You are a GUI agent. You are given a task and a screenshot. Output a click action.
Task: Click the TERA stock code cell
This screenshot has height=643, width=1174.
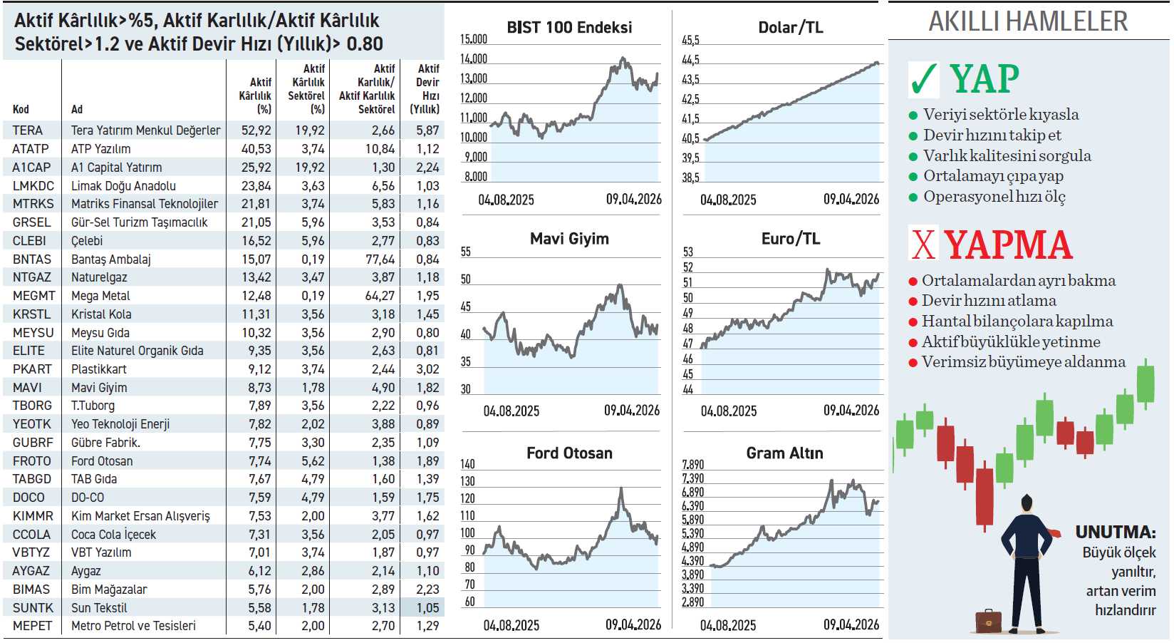click(28, 130)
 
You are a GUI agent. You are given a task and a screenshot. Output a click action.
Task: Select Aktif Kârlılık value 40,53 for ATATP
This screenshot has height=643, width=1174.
click(256, 149)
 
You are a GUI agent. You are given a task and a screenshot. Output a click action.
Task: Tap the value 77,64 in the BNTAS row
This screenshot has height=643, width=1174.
click(380, 259)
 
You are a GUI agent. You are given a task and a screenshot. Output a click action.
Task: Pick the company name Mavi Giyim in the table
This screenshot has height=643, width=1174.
click(99, 388)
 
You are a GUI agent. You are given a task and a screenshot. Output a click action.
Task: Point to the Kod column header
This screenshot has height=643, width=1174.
click(21, 110)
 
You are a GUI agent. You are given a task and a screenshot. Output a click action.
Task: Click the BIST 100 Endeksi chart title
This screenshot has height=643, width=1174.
click(569, 28)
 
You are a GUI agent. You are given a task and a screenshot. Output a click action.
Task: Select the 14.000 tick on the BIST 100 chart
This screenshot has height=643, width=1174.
click(474, 59)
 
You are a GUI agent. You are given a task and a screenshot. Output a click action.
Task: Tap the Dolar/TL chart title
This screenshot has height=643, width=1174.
click(790, 28)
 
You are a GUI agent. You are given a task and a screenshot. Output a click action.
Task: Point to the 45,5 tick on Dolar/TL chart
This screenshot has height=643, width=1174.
click(690, 41)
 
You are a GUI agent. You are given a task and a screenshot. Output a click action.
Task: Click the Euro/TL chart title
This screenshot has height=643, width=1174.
click(790, 240)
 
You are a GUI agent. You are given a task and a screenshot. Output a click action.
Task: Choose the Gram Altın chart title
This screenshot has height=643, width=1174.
click(784, 453)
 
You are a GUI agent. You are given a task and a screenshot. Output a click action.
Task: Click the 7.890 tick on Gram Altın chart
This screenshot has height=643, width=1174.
click(692, 465)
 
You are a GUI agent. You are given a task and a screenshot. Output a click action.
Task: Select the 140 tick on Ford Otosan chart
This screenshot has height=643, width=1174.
click(467, 464)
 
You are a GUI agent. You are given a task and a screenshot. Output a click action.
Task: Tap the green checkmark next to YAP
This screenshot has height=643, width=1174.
click(924, 79)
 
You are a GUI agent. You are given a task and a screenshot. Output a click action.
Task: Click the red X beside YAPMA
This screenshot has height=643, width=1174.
click(923, 244)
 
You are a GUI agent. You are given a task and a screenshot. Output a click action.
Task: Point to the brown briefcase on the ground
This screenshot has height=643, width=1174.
click(988, 621)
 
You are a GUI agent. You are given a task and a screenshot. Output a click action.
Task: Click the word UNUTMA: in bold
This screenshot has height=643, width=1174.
click(1116, 533)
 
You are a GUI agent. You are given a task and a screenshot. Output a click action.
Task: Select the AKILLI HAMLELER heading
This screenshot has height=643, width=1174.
click(1028, 21)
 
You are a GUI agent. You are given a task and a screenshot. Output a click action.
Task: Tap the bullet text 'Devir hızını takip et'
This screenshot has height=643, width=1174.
click(992, 135)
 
